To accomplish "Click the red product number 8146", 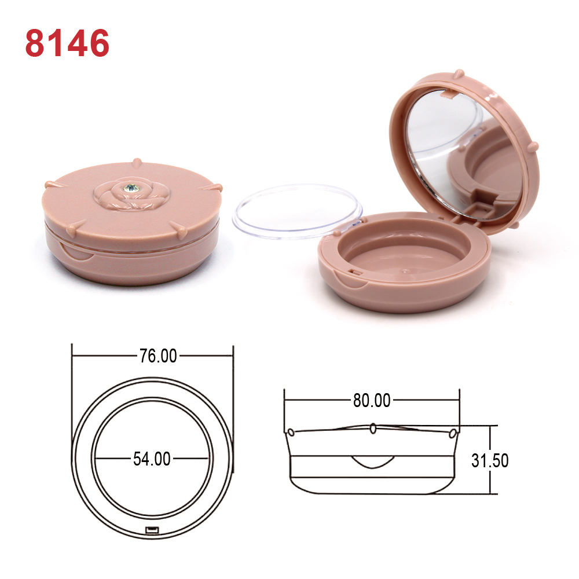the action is click(67, 43).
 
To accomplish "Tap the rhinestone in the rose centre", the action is click(132, 188).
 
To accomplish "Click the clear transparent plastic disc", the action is click(297, 211).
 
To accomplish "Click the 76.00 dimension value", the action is click(158, 356).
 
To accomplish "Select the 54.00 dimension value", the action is click(152, 459).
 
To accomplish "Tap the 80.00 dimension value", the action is click(372, 400).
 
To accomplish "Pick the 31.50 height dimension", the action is click(490, 460).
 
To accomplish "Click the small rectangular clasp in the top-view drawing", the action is click(152, 530).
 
